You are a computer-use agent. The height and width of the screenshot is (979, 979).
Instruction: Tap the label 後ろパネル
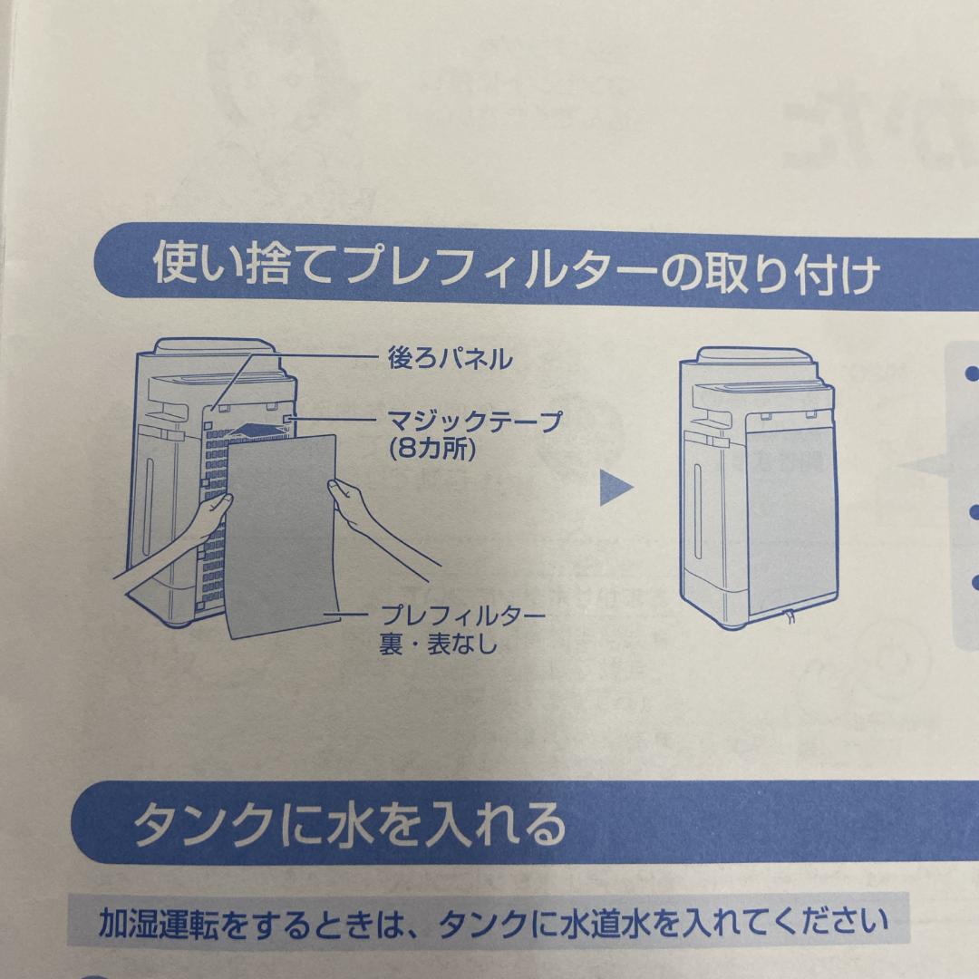click(x=445, y=360)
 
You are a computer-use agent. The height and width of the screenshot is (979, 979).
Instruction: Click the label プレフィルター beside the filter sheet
click(x=462, y=617)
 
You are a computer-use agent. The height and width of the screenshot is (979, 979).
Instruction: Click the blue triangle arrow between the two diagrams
click(x=616, y=489)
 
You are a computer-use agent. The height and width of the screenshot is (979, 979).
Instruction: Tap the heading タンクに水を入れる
click(x=349, y=824)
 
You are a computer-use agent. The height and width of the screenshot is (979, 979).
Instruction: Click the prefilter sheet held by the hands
click(x=281, y=535)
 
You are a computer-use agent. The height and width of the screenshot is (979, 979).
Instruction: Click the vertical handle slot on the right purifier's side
click(x=697, y=512)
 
